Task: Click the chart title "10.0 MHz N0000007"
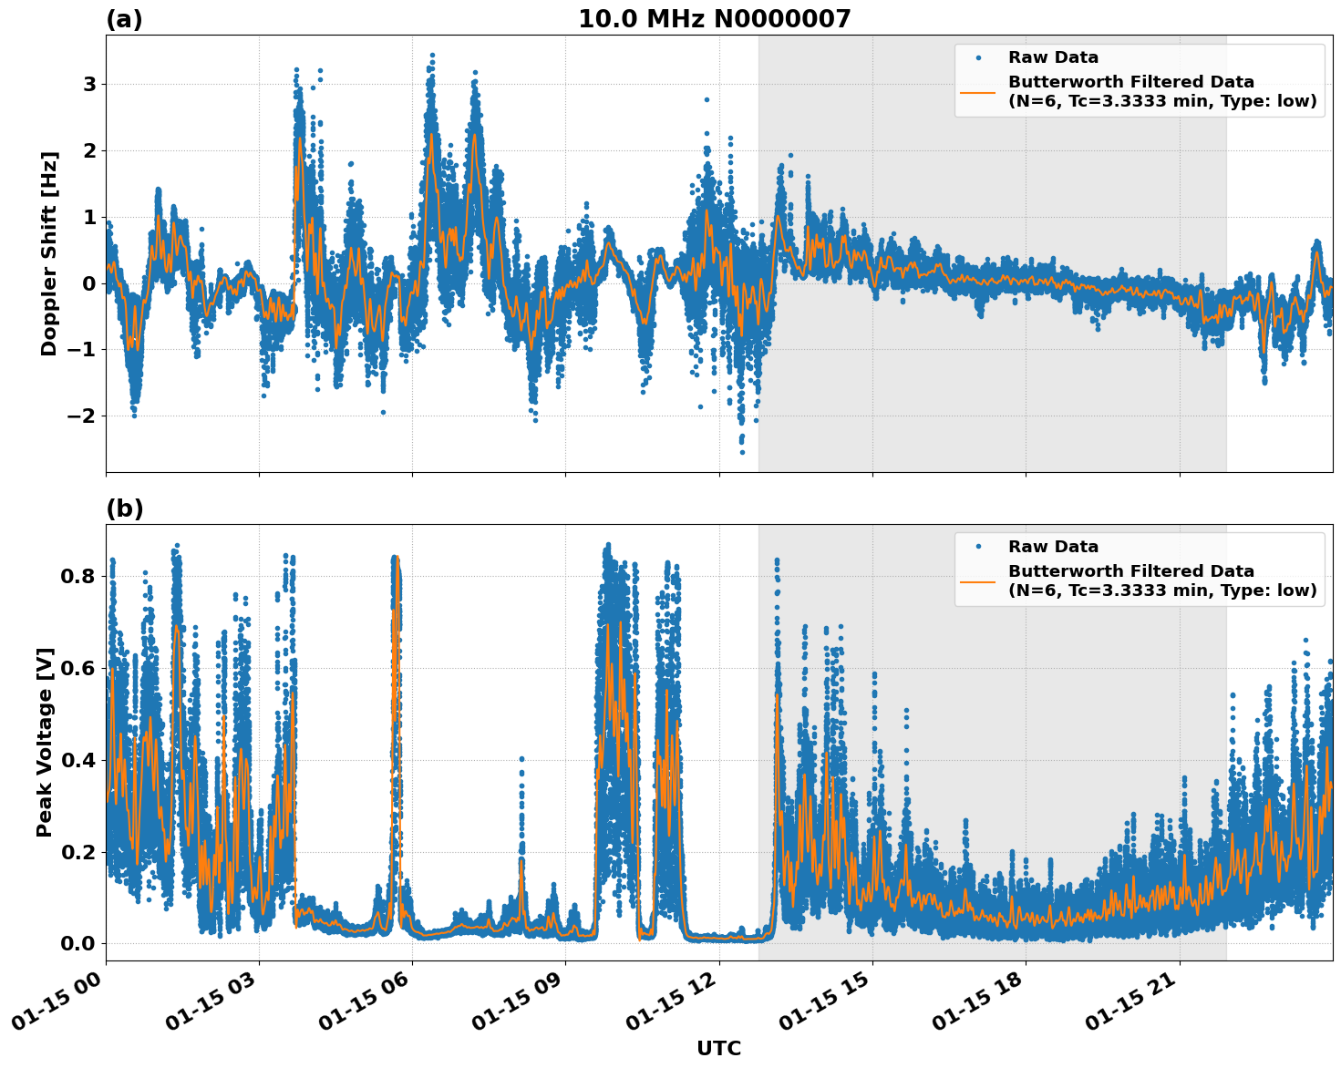[x=714, y=19]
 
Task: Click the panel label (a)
[x=124, y=19]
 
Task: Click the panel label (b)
[x=124, y=508]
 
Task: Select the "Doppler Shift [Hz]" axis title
[x=49, y=253]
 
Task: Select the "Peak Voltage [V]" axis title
[x=45, y=742]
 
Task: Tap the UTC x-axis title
[x=718, y=1048]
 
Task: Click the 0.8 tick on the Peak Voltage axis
[x=78, y=576]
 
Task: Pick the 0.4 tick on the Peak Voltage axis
[x=78, y=760]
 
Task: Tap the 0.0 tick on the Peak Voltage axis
[x=78, y=943]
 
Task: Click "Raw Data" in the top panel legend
[x=1053, y=58]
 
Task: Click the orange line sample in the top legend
[x=978, y=91]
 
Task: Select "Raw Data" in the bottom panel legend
[x=1053, y=547]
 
